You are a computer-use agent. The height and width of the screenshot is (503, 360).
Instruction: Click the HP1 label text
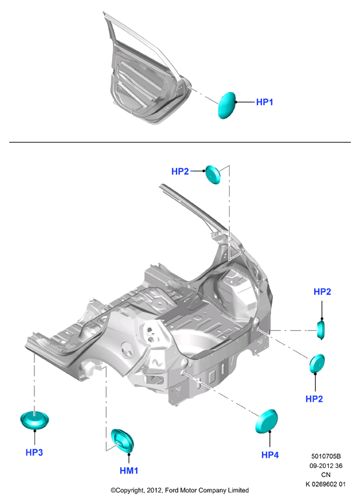click(x=265, y=102)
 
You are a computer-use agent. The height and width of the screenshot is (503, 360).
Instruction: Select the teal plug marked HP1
click(x=227, y=105)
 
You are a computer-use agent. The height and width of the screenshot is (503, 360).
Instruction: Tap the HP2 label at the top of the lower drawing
click(x=180, y=171)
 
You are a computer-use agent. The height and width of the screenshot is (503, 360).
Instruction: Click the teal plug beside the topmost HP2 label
click(x=213, y=175)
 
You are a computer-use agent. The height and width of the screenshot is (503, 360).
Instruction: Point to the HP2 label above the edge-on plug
click(x=322, y=291)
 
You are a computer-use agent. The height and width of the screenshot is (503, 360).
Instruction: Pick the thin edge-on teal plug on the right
click(x=321, y=329)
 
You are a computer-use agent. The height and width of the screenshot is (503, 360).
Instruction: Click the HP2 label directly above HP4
click(x=314, y=399)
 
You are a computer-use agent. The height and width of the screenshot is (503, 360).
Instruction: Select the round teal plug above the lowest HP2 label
click(x=317, y=363)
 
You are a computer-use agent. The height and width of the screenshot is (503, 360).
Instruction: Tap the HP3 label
click(x=34, y=452)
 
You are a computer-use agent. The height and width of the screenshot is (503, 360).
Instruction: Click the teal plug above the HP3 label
click(x=34, y=420)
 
